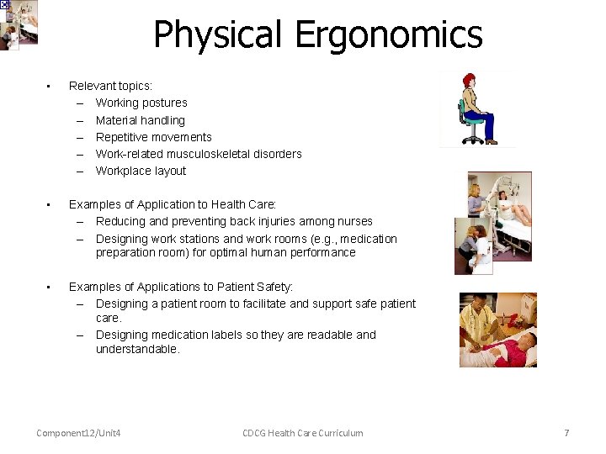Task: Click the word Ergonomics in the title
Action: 388,35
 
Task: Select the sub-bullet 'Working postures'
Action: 141,103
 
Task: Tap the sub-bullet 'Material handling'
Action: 140,120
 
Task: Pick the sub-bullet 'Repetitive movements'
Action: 153,137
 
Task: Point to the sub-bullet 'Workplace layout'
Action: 141,171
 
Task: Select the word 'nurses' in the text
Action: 354,221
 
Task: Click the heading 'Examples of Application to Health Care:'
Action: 173,204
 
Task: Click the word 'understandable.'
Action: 137,349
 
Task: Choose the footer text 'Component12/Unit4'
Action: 78,433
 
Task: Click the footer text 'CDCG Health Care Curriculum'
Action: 303,433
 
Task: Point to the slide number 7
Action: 566,433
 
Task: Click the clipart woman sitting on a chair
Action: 476,105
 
